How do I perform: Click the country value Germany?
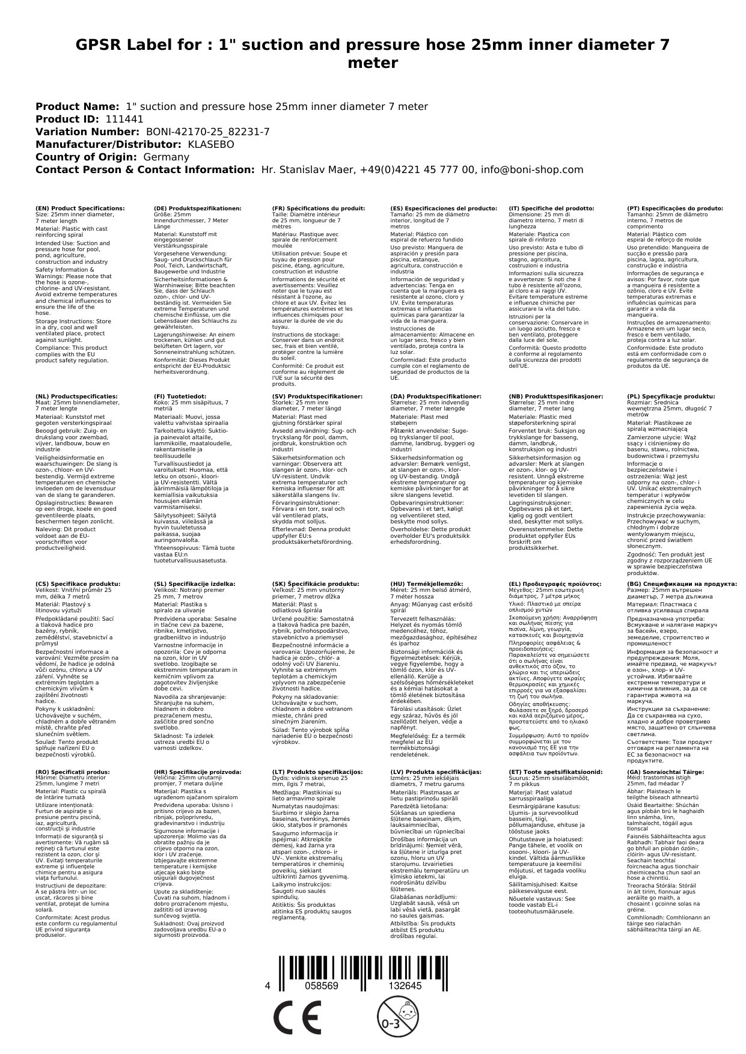166,157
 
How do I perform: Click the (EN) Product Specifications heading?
81,208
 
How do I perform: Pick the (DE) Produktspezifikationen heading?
198,208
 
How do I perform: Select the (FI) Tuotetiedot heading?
180,397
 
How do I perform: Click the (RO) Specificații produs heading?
73,772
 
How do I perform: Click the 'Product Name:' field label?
78,106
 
